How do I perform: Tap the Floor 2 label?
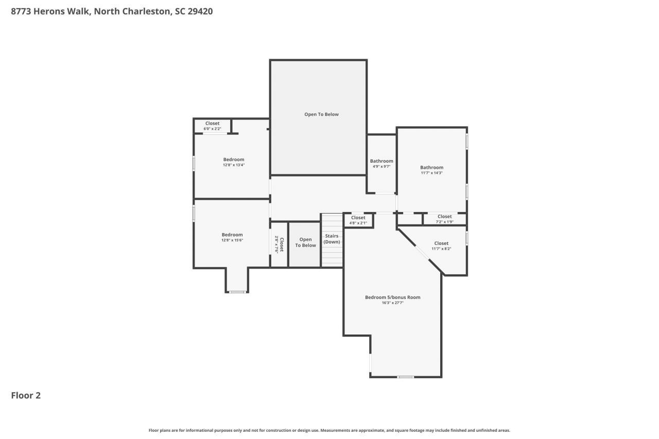coord(26,395)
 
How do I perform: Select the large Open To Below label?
coord(321,114)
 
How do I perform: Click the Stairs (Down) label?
coord(332,239)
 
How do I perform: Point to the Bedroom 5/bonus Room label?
coord(392,297)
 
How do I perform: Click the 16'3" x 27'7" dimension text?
coord(392,303)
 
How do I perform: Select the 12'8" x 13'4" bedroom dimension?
coord(233,165)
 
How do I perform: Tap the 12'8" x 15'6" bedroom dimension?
coord(232,240)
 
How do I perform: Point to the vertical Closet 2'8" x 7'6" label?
coord(279,244)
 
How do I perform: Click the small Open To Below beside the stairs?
coord(305,242)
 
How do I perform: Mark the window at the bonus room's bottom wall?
coord(406,377)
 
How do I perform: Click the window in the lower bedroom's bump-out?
coord(237,292)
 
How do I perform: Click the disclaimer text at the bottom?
coord(329,430)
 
